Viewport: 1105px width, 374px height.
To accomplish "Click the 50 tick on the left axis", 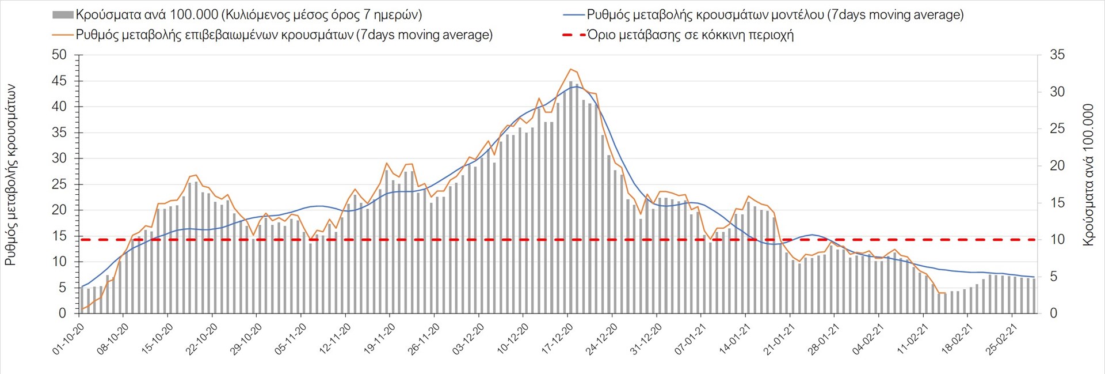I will [59, 55].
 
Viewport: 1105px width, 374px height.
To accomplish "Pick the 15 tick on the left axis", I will [59, 236].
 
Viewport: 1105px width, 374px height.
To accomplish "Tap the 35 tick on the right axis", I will [1057, 55].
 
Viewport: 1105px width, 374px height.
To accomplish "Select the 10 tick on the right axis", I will [1057, 240].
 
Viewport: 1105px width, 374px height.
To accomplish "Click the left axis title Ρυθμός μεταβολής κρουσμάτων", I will [10, 175].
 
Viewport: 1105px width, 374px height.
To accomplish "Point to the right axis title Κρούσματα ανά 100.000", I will [1088, 175].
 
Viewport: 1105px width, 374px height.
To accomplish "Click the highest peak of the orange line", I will [570, 69].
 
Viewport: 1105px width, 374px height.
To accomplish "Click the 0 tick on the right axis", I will [1054, 313].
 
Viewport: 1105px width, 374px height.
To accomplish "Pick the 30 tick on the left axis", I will [59, 158].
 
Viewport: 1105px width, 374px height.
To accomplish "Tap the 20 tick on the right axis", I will [1057, 166].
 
